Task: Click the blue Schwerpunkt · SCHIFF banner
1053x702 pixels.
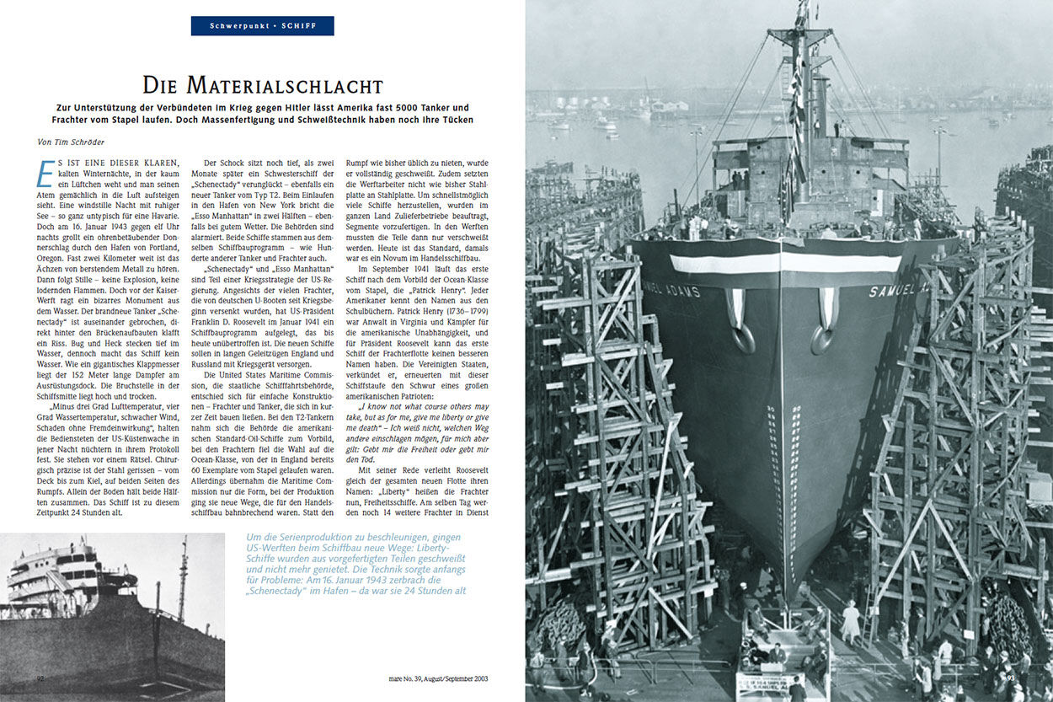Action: [262, 26]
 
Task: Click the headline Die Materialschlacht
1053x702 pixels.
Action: [262, 85]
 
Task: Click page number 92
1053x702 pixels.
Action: [40, 678]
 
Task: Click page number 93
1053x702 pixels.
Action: [1012, 678]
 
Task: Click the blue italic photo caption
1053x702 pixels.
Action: [355, 564]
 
